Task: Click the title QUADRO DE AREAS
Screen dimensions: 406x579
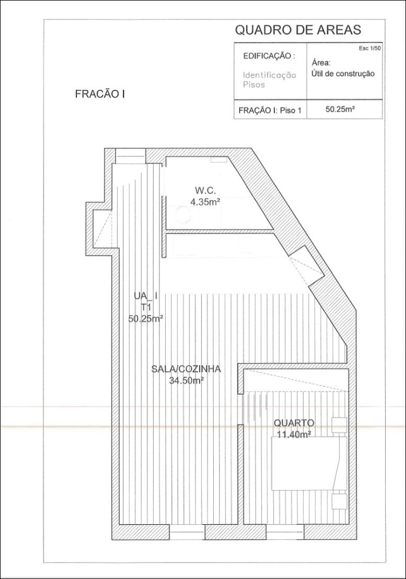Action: [x=298, y=30]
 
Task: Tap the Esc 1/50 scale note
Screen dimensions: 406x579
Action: [x=369, y=49]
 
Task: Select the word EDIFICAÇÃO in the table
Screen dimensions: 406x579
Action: [x=267, y=56]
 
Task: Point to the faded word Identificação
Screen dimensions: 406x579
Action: [x=269, y=75]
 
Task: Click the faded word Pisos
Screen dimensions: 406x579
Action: [x=254, y=85]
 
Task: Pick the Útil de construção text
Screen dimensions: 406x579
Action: [x=343, y=74]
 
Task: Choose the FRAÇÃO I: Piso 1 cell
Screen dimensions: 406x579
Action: [x=270, y=110]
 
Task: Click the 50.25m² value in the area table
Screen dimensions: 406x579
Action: [x=340, y=109]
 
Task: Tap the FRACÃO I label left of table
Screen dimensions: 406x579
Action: [x=100, y=94]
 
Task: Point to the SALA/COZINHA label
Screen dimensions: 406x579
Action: [x=186, y=369]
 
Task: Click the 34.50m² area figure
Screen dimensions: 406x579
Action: [x=187, y=381]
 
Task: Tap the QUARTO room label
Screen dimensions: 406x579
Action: [x=294, y=423]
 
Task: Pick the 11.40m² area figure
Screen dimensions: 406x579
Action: [x=293, y=434]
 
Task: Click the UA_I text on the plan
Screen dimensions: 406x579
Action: [x=146, y=296]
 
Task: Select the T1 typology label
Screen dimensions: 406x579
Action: [x=146, y=307]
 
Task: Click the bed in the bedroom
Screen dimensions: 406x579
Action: [x=309, y=464]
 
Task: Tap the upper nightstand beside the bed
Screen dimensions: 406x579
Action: [x=339, y=425]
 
